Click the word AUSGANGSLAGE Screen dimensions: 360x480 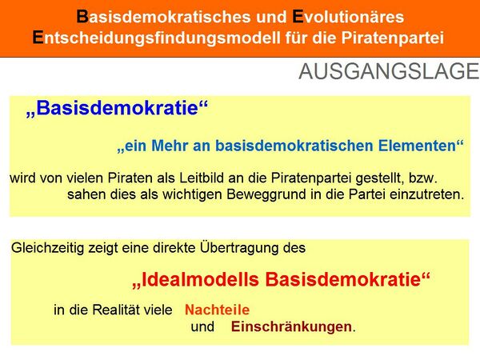coord(388,72)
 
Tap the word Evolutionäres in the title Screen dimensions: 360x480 coord(347,17)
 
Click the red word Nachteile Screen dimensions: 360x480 coord(218,310)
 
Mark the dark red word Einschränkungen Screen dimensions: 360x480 coord(292,326)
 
